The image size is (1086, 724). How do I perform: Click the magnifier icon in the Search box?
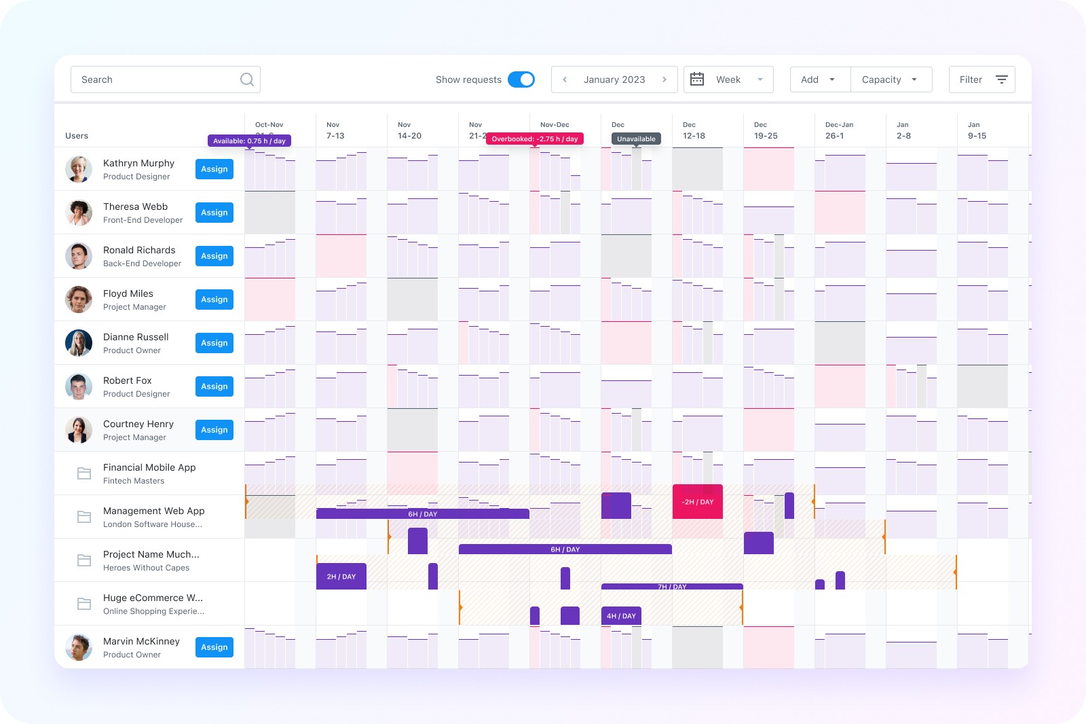click(247, 79)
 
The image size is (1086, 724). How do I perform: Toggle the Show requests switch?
click(521, 79)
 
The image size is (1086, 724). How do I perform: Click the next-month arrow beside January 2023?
click(664, 79)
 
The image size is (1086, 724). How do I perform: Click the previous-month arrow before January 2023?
click(565, 79)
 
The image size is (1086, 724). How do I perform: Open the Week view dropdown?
click(728, 79)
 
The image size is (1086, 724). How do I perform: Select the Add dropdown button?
click(820, 79)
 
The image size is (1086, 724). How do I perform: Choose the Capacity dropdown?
click(891, 79)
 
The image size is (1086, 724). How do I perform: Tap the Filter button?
click(981, 79)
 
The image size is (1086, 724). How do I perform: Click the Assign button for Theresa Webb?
click(214, 213)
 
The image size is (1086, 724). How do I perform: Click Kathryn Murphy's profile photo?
click(79, 169)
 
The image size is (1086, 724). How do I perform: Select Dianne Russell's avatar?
click(79, 342)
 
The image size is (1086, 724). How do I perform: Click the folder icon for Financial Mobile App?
click(84, 473)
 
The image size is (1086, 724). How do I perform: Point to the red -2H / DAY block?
click(697, 502)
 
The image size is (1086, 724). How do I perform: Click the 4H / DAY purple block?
click(621, 616)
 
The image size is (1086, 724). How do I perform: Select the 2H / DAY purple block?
click(341, 577)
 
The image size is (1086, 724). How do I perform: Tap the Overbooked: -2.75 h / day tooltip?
click(535, 139)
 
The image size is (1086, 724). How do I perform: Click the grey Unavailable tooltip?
click(636, 139)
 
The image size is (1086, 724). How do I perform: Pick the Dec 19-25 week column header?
click(766, 130)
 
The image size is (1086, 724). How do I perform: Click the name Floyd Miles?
click(128, 293)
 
